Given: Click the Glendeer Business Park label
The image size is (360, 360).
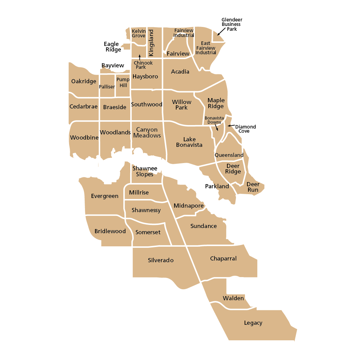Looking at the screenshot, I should pos(231,25).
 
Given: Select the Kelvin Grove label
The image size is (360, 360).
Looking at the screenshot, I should pos(139,34).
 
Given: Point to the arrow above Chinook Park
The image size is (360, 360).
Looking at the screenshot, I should pos(140,57).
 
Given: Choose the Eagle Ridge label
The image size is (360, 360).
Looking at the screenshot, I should pos(112,47).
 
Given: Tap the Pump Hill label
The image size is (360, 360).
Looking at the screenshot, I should pos(123,82).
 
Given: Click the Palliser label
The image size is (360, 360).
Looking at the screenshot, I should pos(107,87).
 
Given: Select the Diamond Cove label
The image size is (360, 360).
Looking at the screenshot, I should pos(245,129).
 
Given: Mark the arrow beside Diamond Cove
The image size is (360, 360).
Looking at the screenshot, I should pos(230,126).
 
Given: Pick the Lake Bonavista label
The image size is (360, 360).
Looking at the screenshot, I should pos(189,142).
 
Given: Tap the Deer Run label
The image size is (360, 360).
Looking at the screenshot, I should pos(253,187).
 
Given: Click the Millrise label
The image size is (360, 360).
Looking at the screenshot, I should pos(139,192).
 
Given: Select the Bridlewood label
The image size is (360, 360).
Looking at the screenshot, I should pos(110,231).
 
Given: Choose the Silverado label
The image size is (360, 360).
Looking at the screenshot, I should pos(161,260).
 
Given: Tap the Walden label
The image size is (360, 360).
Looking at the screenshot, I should pos(233,298).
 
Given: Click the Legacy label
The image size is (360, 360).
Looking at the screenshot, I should pos(253,323).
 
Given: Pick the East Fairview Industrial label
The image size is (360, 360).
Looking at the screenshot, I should pos(206,48).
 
